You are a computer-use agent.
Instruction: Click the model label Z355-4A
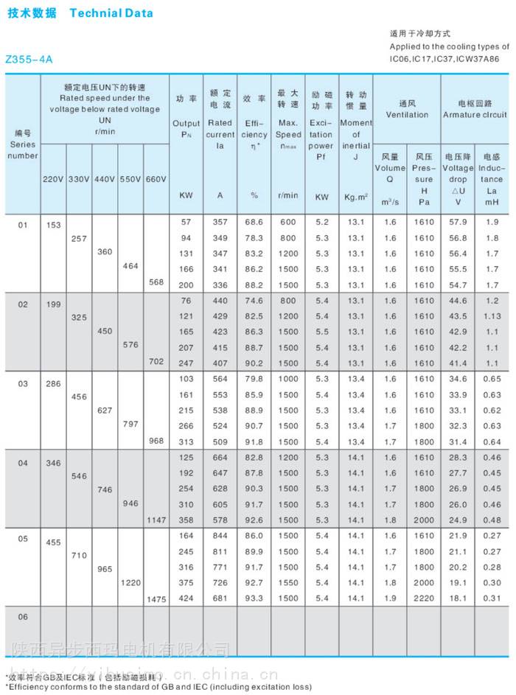[x=29, y=58]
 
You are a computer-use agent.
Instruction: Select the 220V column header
[x=53, y=180]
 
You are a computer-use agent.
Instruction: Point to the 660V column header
[x=156, y=180]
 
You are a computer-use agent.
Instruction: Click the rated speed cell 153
[x=53, y=225]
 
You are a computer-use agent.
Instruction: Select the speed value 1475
[x=156, y=598]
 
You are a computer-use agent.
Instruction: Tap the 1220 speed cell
[x=130, y=582]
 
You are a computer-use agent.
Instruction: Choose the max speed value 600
[x=287, y=222]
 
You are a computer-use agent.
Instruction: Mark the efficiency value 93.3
[x=254, y=598]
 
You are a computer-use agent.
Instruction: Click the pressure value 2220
[x=424, y=598]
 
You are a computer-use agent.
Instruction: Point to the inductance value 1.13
[x=492, y=316]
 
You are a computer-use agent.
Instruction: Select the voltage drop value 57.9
[x=458, y=222]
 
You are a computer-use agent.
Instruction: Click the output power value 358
[x=185, y=520]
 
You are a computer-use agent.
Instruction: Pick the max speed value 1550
[x=287, y=583]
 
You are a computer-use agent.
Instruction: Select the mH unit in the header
[x=492, y=202]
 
